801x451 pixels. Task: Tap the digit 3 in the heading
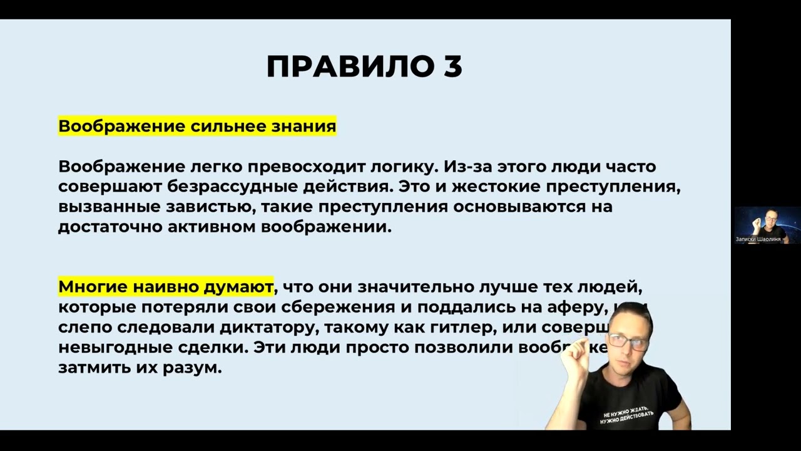(x=453, y=66)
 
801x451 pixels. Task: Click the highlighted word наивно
(x=167, y=288)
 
